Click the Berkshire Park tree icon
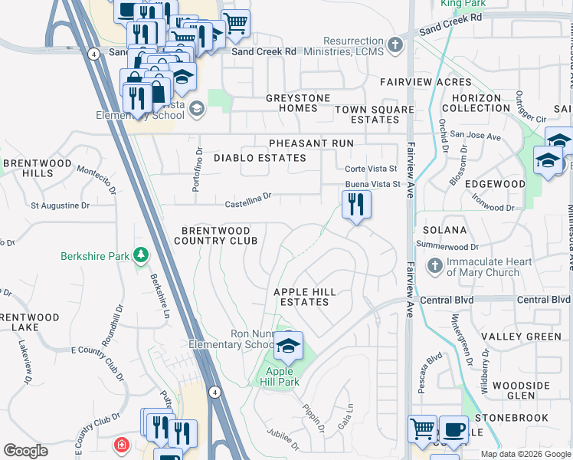click(x=140, y=255)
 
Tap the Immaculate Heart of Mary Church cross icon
click(x=434, y=266)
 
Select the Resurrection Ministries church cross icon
click(x=395, y=45)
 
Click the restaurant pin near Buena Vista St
click(x=355, y=205)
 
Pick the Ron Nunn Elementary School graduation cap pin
click(x=288, y=347)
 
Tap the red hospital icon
click(x=122, y=445)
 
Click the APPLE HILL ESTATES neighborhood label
click(x=305, y=297)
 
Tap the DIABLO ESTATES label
click(x=260, y=158)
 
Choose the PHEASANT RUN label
click(x=310, y=143)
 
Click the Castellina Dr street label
click(x=248, y=200)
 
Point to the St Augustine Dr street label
click(x=60, y=205)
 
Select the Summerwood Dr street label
click(x=447, y=246)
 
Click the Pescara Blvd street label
click(x=434, y=371)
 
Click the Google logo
click(x=25, y=451)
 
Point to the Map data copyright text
click(x=526, y=454)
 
